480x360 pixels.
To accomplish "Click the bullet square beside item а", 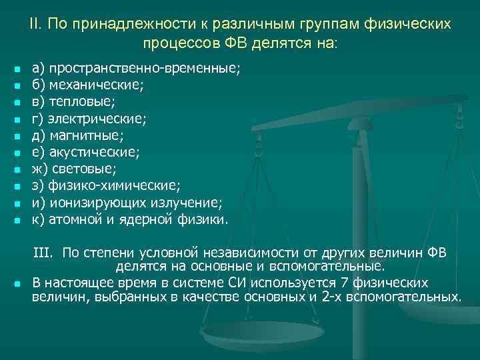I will click(17, 69).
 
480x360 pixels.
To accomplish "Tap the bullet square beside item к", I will click(17, 219).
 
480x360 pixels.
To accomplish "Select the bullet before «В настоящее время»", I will click(17, 283).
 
